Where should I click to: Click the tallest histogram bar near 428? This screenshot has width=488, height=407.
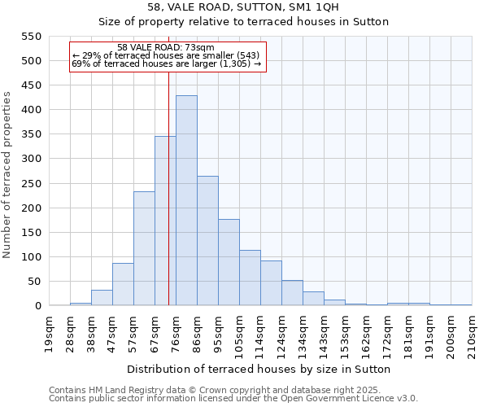pyautogui.click(x=186, y=201)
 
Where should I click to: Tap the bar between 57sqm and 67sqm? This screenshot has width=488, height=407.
pyautogui.click(x=144, y=249)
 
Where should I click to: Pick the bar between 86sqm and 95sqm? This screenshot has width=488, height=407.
pyautogui.click(x=207, y=241)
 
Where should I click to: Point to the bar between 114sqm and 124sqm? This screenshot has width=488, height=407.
pyautogui.click(x=271, y=283)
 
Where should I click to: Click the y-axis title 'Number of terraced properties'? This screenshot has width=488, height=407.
pyautogui.click(x=8, y=175)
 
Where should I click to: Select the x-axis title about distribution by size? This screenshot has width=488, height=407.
pyautogui.click(x=260, y=369)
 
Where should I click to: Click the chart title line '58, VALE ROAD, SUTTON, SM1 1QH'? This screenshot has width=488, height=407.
pyautogui.click(x=243, y=7)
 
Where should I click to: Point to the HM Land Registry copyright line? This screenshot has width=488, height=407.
pyautogui.click(x=232, y=390)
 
